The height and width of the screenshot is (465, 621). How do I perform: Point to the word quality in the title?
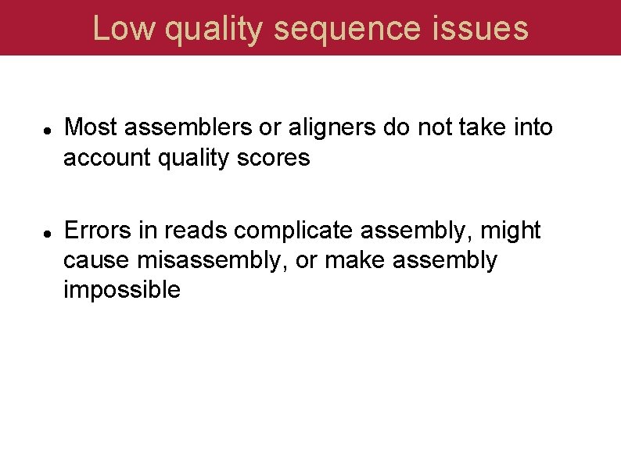214,29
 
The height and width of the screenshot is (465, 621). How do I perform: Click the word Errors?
99,231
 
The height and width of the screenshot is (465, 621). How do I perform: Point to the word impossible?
121,290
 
